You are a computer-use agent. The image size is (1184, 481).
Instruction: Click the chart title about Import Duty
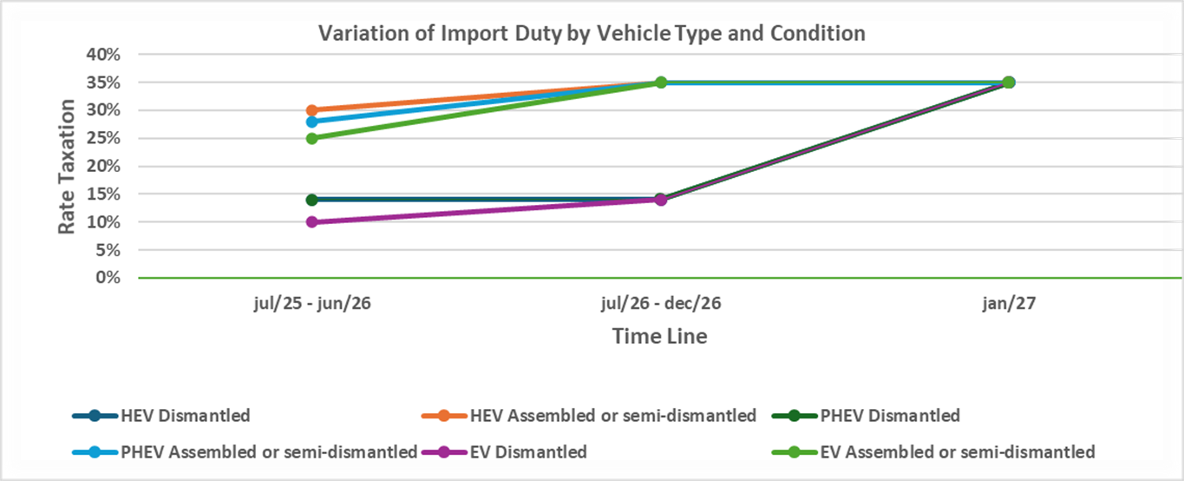(x=592, y=34)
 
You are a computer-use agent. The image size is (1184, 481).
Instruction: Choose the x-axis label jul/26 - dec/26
(x=660, y=304)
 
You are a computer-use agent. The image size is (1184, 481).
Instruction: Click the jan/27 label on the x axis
(x=1009, y=304)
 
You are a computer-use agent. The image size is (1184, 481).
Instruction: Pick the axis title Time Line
(x=659, y=336)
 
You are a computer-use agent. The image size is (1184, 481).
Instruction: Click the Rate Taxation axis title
(x=67, y=166)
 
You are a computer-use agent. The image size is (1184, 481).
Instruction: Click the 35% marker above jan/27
(x=1009, y=82)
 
